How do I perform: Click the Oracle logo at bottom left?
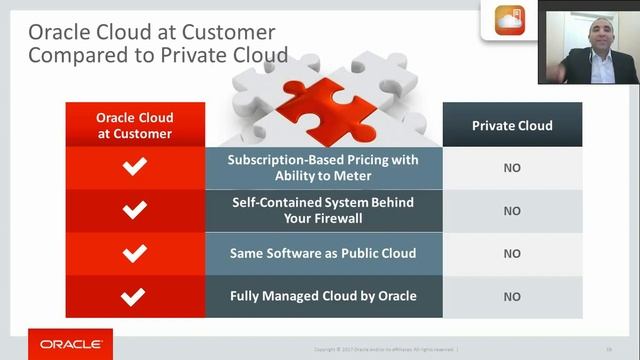(x=69, y=343)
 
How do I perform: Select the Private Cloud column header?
(x=512, y=126)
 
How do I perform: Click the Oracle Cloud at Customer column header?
(x=134, y=126)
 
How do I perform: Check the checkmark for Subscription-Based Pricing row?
(x=134, y=167)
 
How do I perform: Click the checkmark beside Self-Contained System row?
(x=134, y=210)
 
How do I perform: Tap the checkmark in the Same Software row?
(x=134, y=253)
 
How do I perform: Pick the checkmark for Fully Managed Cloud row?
(x=134, y=296)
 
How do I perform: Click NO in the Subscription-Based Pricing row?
(x=512, y=168)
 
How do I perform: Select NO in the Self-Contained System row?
(x=512, y=211)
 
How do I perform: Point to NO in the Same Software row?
(x=512, y=254)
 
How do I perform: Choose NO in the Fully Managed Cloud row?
(x=512, y=297)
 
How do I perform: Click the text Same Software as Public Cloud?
(x=323, y=253)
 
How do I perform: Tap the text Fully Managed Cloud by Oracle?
(x=323, y=296)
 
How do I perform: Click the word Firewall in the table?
(x=341, y=218)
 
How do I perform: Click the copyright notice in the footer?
(x=385, y=349)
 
